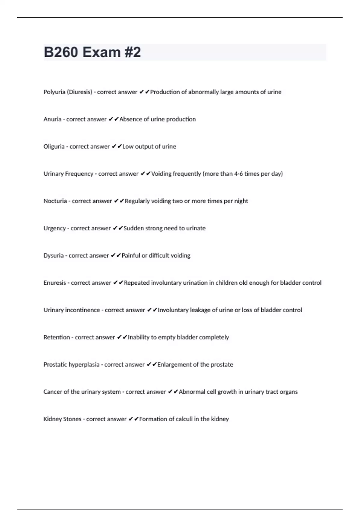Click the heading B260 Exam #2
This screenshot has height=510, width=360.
pyautogui.click(x=92, y=52)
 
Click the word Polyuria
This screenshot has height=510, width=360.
pyautogui.click(x=54, y=92)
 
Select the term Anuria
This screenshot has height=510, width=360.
pyautogui.click(x=52, y=119)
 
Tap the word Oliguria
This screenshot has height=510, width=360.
pyautogui.click(x=54, y=147)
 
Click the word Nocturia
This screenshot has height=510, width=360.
pyautogui.click(x=55, y=201)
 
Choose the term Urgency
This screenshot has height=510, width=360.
pyautogui.click(x=55, y=228)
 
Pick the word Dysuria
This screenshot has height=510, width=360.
pyautogui.click(x=54, y=256)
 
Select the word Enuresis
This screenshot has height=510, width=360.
pyautogui.click(x=55, y=283)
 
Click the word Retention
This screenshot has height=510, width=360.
pyautogui.click(x=57, y=337)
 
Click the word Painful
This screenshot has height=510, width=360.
pyautogui.click(x=131, y=256)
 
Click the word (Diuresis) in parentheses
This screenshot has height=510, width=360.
pyautogui.click(x=79, y=92)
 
